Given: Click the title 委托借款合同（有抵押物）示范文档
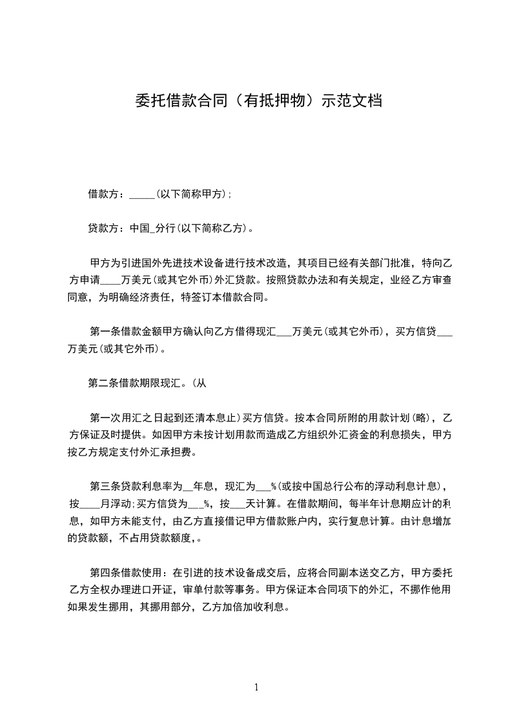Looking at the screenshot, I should click(x=258, y=101).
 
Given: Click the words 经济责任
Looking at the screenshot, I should click(x=148, y=298).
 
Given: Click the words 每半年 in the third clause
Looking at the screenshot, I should click(x=364, y=503).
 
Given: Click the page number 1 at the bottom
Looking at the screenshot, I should click(x=256, y=687).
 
